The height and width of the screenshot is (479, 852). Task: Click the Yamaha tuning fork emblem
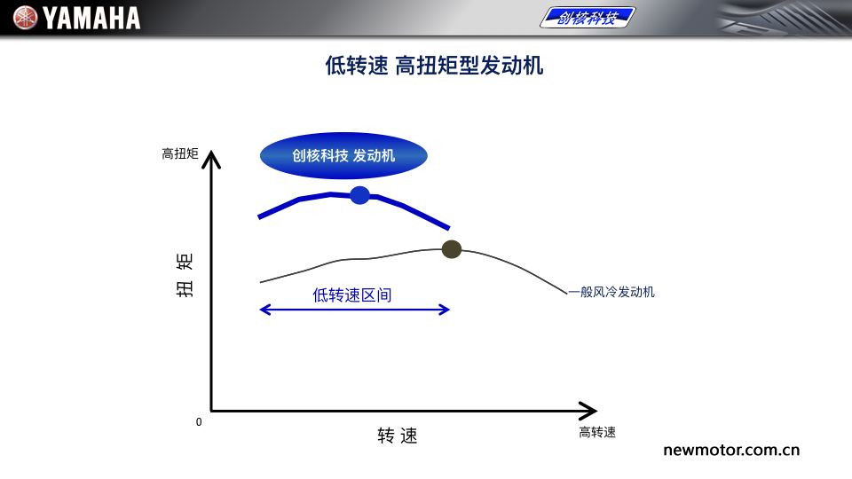pyautogui.click(x=25, y=18)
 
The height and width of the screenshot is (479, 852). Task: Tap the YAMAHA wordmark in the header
pyautogui.click(x=91, y=18)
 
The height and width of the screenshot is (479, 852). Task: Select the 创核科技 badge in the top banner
pyautogui.click(x=588, y=18)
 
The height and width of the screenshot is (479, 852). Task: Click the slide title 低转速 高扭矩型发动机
pyautogui.click(x=434, y=66)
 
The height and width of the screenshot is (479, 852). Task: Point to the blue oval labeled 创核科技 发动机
pyautogui.click(x=343, y=156)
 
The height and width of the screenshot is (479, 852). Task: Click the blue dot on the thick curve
pyautogui.click(x=359, y=195)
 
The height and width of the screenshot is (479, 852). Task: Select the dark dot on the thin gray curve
pyautogui.click(x=452, y=249)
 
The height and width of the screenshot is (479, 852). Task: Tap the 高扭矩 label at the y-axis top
pyautogui.click(x=180, y=153)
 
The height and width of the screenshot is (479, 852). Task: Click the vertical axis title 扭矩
pyautogui.click(x=185, y=275)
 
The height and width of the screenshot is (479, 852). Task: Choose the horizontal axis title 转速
pyautogui.click(x=398, y=436)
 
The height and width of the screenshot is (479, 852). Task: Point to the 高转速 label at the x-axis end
pyautogui.click(x=597, y=432)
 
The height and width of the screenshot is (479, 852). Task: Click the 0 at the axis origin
pyautogui.click(x=199, y=422)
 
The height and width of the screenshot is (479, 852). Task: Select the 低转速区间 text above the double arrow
pyautogui.click(x=352, y=294)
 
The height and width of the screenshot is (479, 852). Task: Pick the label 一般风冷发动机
pyautogui.click(x=611, y=292)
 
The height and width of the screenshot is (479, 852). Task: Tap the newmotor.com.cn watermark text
pyautogui.click(x=731, y=451)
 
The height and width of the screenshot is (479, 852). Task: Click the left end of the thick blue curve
pyautogui.click(x=258, y=217)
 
